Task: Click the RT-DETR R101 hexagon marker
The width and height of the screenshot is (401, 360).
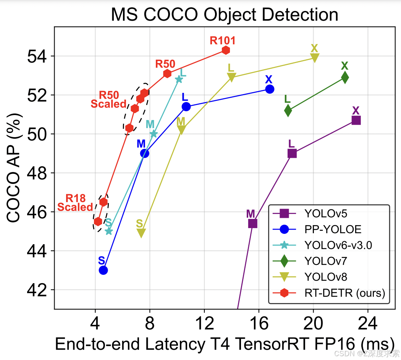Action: (x=226, y=50)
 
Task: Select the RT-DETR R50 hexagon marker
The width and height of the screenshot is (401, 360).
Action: (x=167, y=73)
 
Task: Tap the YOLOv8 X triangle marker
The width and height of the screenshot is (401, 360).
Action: (x=315, y=58)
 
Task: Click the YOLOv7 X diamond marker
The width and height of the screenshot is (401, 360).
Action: (x=345, y=78)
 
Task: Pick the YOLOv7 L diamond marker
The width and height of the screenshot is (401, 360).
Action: (x=288, y=111)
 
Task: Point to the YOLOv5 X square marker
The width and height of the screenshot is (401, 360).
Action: (x=356, y=120)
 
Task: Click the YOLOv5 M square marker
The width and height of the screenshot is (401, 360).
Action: (x=252, y=223)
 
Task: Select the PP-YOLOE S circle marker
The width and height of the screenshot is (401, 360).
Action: (x=103, y=270)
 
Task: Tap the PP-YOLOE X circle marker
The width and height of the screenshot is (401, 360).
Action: (x=270, y=89)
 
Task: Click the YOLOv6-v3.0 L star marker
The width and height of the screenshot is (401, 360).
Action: (x=179, y=79)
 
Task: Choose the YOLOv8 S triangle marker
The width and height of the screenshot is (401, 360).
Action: (x=141, y=233)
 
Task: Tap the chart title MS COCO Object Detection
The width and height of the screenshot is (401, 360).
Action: (x=225, y=15)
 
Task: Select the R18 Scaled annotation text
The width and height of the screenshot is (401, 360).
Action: (x=75, y=203)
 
